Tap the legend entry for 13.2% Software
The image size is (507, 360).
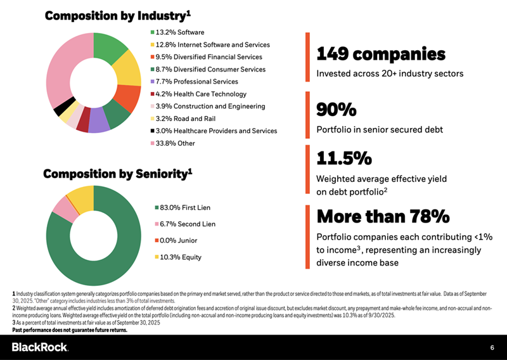(x=180, y=32)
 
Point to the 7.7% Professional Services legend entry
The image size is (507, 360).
(x=196, y=82)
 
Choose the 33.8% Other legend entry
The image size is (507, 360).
(x=175, y=143)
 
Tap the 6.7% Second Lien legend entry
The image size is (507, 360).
(x=188, y=224)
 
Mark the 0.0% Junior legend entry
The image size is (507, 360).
(x=181, y=240)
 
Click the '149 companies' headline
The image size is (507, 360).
(x=381, y=54)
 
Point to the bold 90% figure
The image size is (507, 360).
(x=336, y=110)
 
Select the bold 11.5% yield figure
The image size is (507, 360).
(x=343, y=158)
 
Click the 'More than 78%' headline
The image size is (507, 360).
(x=383, y=216)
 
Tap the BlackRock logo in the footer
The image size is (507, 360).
(x=41, y=347)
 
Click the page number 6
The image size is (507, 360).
(x=492, y=347)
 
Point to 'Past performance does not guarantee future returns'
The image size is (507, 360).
(x=70, y=330)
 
